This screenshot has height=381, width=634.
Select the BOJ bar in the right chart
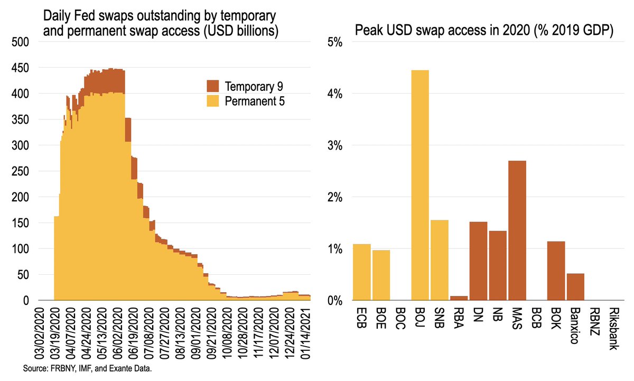420,185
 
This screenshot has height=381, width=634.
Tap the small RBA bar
459,298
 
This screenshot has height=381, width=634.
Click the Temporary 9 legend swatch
212,86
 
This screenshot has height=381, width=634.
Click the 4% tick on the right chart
335,94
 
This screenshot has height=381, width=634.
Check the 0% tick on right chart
335,301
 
